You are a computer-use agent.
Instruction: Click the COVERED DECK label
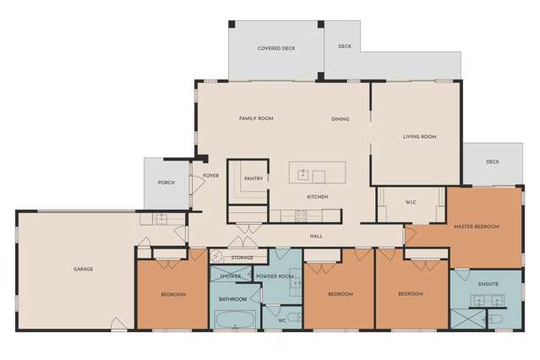point(275,49)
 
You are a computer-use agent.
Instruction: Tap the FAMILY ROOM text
point(256,118)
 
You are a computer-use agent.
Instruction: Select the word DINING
point(341,119)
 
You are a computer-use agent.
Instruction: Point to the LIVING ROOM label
point(419,136)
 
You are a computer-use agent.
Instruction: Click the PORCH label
point(166,183)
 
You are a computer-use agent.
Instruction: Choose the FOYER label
point(210,176)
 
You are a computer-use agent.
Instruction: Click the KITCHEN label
point(317,197)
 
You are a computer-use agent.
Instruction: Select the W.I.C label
point(412,202)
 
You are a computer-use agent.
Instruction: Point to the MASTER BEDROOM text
point(476,226)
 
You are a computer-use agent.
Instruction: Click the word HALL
point(316,236)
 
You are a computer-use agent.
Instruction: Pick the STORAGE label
point(243,257)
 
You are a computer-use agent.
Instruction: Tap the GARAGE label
point(83,269)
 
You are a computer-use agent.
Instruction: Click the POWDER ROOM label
point(275,276)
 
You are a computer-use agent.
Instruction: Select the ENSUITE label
point(488,284)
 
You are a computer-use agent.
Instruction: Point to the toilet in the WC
point(292,319)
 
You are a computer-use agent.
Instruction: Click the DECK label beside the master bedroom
point(493,161)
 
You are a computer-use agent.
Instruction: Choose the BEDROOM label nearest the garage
point(172,294)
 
